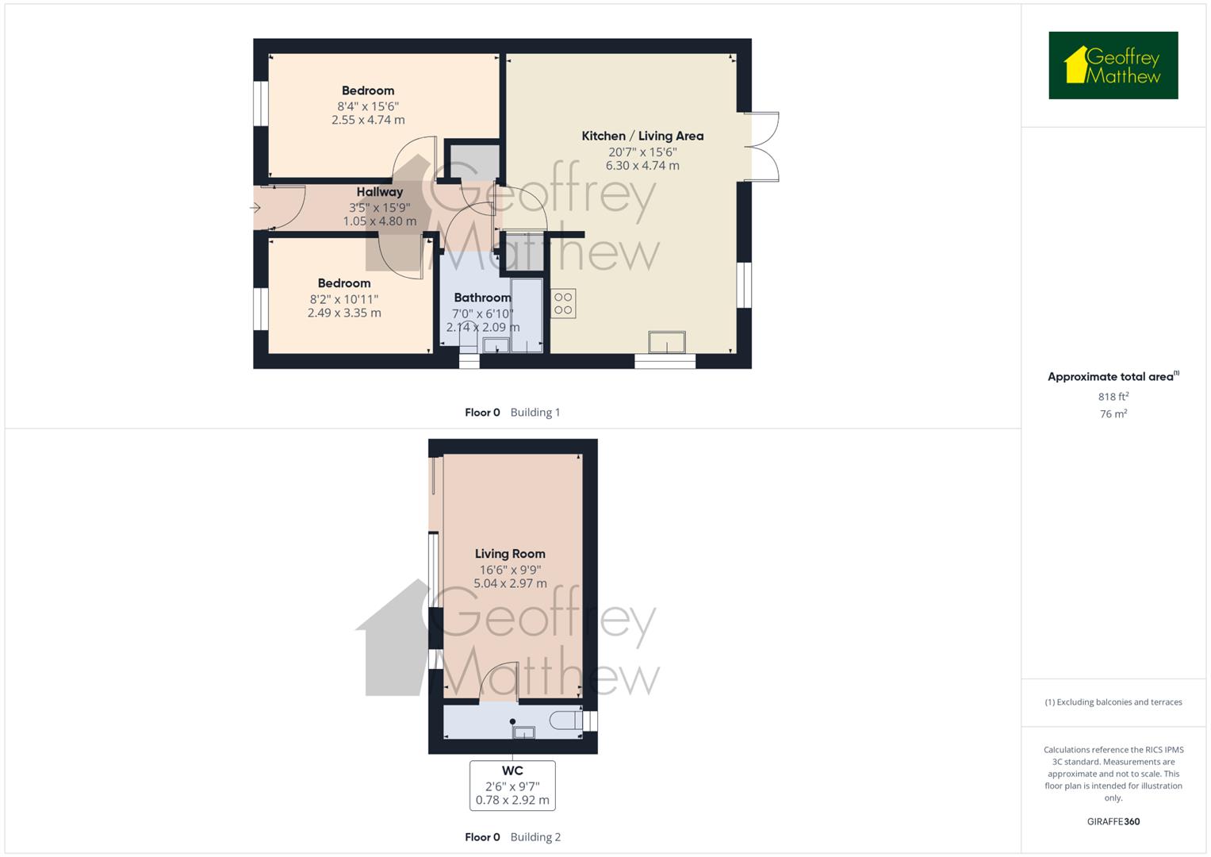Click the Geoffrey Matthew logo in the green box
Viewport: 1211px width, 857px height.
coord(1113,65)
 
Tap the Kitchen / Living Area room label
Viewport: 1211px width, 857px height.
coord(642,136)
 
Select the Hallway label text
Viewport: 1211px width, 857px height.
coord(379,192)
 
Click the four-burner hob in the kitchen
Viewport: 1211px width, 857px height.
coord(563,303)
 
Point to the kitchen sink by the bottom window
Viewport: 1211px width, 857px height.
coord(666,342)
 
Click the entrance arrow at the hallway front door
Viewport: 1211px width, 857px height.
coord(255,208)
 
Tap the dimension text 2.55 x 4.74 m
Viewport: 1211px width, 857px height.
coord(368,120)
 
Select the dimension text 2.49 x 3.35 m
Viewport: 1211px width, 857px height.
coord(344,313)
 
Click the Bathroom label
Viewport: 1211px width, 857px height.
coord(482,298)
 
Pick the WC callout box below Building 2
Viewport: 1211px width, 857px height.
coord(512,785)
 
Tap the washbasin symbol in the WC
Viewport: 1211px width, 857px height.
coord(523,732)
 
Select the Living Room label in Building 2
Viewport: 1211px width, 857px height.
coord(510,554)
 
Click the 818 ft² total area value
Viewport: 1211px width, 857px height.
coord(1113,397)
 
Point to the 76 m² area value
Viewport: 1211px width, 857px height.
coord(1113,414)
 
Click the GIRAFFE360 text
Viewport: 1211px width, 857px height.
coord(1113,821)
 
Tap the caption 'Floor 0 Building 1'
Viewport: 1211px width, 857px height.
coord(512,412)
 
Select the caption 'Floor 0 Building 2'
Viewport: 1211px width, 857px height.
coord(512,836)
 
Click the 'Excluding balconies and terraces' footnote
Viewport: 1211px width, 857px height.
coord(1113,702)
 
